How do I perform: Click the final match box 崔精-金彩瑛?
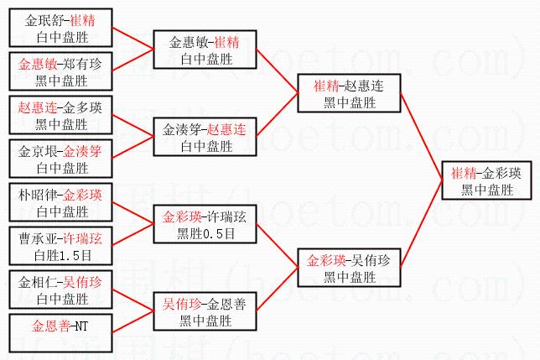coord(486,180)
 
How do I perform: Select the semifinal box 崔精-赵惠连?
coord(349,93)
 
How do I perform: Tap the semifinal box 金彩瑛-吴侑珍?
coord(349,268)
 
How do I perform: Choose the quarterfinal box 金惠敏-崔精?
coord(205,50)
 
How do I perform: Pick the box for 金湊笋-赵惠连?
coord(205,137)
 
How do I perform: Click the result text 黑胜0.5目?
coord(206,234)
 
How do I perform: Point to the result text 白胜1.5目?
coord(63,256)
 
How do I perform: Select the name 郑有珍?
coord(82,64)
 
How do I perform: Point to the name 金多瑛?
coord(82,107)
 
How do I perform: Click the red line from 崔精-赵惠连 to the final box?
coord(422,137)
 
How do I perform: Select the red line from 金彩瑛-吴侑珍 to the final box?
coord(422,223)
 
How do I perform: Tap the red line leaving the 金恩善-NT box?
coord(133,322)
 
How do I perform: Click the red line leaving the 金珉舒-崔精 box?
coord(133,39)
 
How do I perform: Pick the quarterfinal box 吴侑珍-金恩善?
coord(205,311)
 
